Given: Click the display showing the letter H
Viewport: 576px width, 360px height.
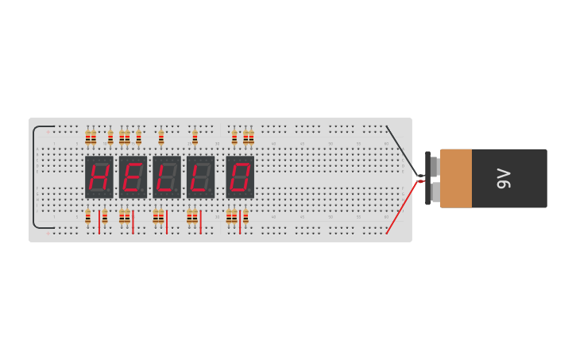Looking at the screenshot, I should [99, 176].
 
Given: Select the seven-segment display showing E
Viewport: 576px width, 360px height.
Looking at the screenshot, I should [133, 176].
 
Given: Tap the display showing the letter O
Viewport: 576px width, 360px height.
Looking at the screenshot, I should [240, 176].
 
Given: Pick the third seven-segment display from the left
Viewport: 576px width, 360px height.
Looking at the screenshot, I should [167, 176].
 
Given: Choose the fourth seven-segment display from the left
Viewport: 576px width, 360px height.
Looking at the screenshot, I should [200, 176].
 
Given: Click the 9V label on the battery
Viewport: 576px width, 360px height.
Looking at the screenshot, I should [503, 178].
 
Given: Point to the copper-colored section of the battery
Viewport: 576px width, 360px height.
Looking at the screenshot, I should [456, 178].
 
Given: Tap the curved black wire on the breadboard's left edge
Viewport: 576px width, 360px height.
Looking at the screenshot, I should [34, 176].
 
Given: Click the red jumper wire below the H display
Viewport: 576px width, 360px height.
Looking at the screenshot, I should [99, 222].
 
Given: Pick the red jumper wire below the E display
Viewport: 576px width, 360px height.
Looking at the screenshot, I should [133, 222].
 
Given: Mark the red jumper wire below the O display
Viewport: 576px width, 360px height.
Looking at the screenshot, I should [240, 222].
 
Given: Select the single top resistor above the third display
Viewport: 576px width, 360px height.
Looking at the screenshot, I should [161, 137].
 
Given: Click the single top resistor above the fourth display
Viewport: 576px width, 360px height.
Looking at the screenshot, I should [195, 137].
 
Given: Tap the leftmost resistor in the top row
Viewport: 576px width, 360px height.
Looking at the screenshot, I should [88, 137].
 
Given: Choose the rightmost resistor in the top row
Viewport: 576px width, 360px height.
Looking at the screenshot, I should [251, 137].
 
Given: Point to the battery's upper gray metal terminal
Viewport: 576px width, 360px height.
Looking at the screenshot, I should [434, 165].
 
